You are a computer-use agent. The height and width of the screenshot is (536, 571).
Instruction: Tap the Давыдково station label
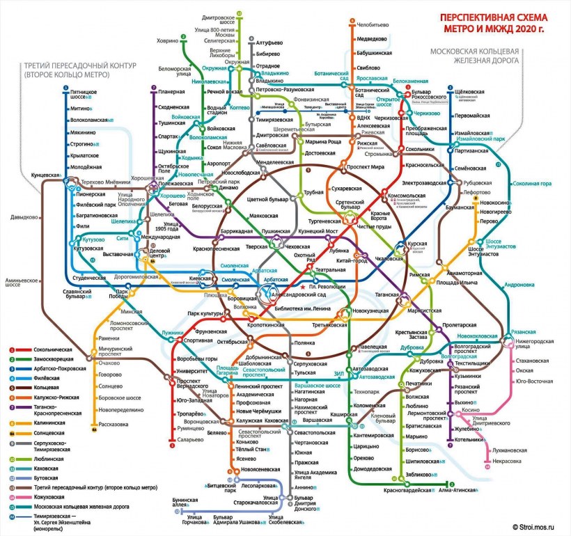23,217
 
